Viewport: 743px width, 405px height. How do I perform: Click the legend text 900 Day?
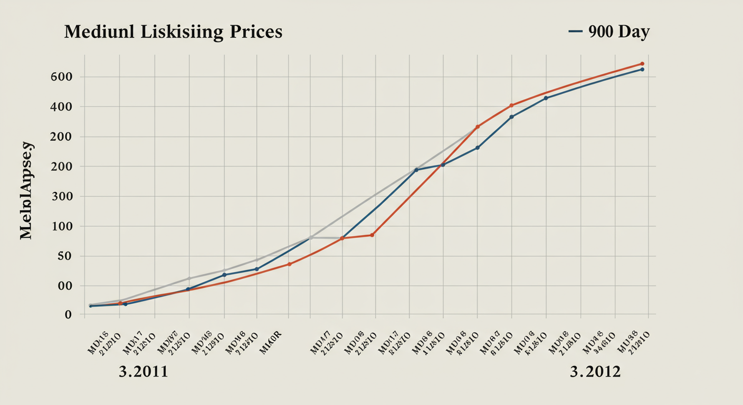[x=618, y=32]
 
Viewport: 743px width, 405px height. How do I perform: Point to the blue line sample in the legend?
[x=576, y=32]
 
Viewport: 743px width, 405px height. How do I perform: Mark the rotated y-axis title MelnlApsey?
[x=27, y=190]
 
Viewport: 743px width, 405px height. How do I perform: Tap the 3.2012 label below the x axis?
[x=595, y=372]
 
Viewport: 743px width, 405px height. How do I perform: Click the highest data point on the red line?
[x=642, y=64]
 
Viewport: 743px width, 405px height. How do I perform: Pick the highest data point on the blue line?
[x=642, y=70]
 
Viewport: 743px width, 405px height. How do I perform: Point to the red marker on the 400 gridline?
[x=511, y=105]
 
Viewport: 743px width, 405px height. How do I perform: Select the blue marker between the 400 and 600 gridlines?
[x=546, y=98]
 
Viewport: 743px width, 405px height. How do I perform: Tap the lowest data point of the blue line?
[x=91, y=306]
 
